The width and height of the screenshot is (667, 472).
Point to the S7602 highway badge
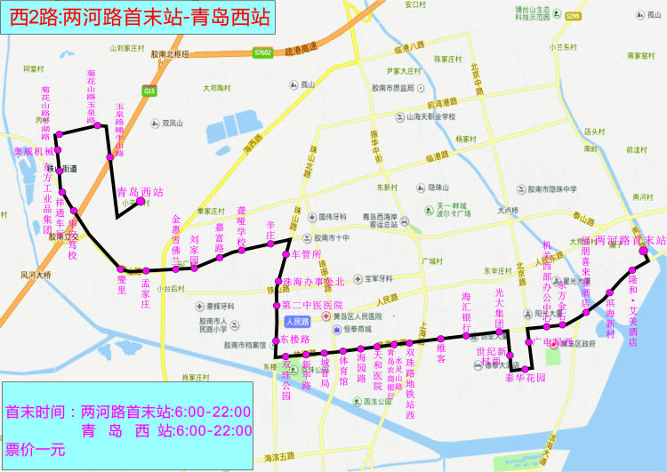261,52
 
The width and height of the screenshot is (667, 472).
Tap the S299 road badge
573,15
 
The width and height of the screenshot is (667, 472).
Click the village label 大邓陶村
216,88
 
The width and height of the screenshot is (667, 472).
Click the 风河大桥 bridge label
35,276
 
